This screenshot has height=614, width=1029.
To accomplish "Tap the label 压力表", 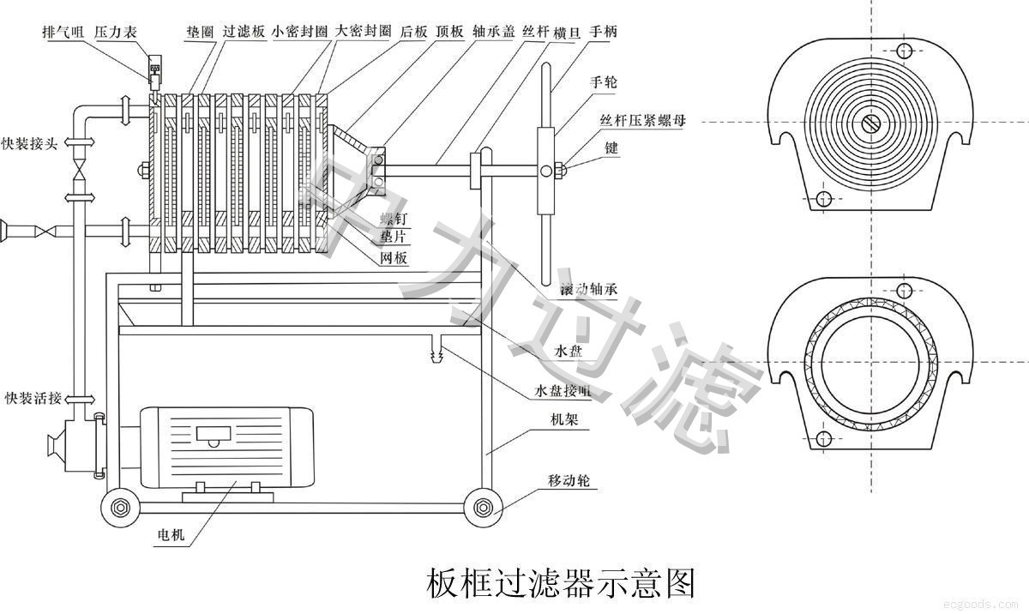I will coord(113,32).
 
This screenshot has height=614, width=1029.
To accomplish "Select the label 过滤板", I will coord(244,32).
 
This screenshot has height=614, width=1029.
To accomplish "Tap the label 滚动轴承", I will coord(588,290).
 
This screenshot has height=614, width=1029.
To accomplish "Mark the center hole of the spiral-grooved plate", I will coord(870,123).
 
